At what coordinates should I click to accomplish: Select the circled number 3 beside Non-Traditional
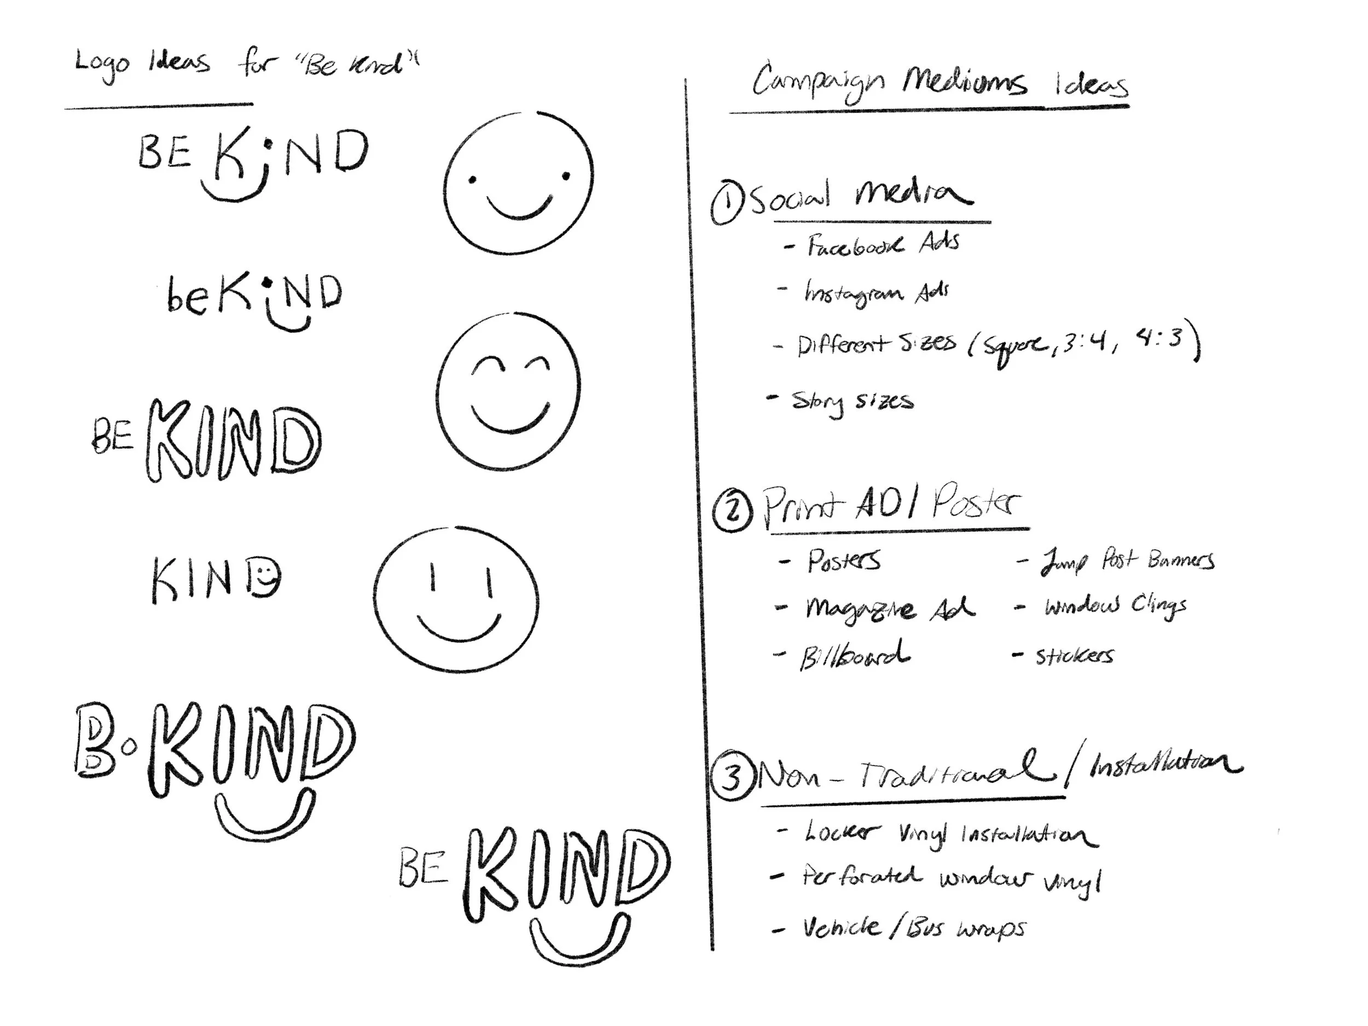(x=732, y=778)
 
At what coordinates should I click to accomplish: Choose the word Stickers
(x=1075, y=656)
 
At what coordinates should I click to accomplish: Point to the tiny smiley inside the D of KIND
(x=266, y=579)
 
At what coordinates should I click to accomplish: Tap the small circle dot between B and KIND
(x=129, y=749)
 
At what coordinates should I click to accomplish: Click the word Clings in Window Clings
(x=1159, y=607)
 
